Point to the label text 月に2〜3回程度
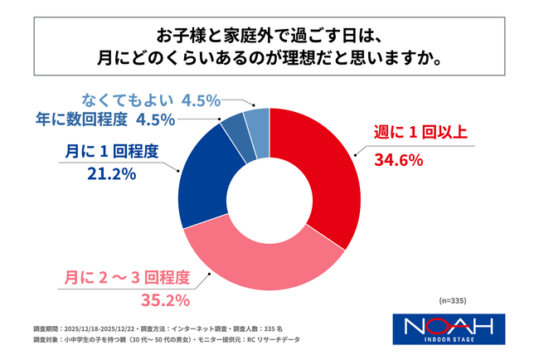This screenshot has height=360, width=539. click(x=136, y=277)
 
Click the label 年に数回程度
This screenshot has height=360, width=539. click(x=81, y=119)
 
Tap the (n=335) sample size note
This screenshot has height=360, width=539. click(x=454, y=299)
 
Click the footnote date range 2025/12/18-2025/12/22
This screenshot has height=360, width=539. click(x=100, y=328)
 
